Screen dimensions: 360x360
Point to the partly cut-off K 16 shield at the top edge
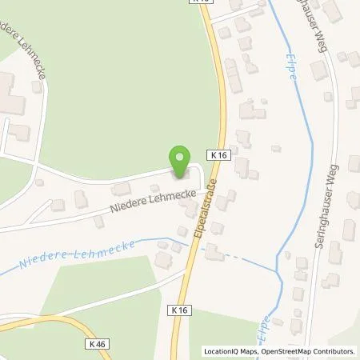(204, 2)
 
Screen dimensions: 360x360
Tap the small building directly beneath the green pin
(176, 178)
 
